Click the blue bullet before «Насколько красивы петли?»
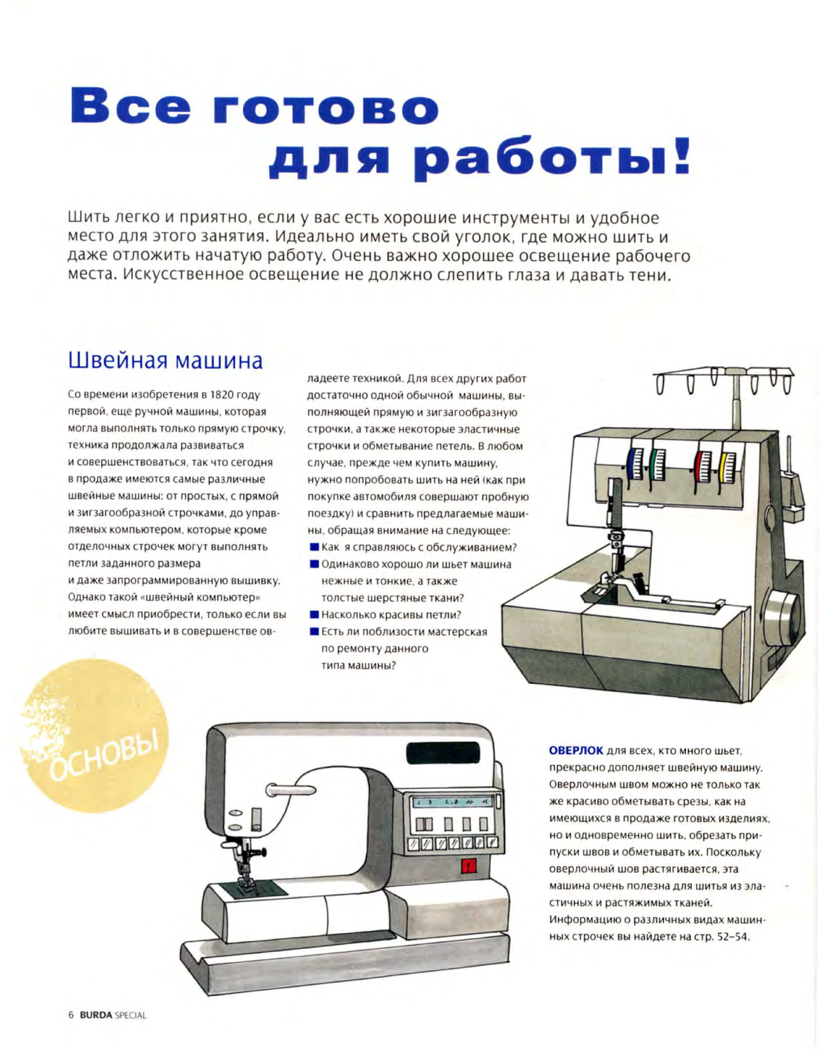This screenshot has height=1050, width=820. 314,614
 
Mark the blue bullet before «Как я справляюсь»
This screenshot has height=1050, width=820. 314,547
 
